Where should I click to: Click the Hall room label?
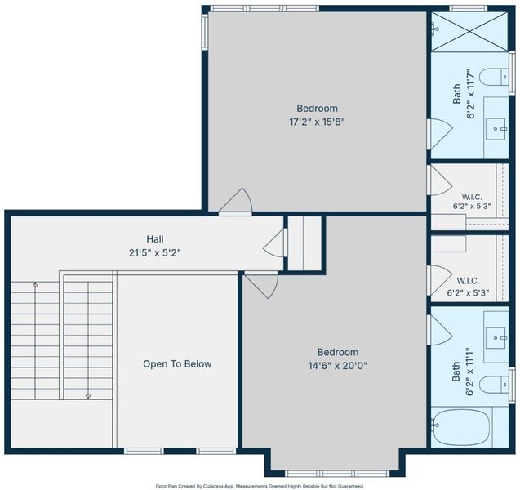155,238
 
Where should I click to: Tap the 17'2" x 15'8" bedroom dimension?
317,122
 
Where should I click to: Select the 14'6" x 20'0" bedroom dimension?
338,366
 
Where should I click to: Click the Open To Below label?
177,364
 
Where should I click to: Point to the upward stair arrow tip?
35,283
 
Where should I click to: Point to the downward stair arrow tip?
88,399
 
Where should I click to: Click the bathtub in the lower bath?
461,428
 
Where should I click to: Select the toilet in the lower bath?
494,385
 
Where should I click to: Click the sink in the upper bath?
496,129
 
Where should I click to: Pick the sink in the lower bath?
496,338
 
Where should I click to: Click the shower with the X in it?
469,32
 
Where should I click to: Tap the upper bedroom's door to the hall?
236,202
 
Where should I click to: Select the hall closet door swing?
275,243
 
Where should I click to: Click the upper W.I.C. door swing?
440,180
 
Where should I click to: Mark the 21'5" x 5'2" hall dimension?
155,253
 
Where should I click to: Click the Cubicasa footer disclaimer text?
260,487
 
